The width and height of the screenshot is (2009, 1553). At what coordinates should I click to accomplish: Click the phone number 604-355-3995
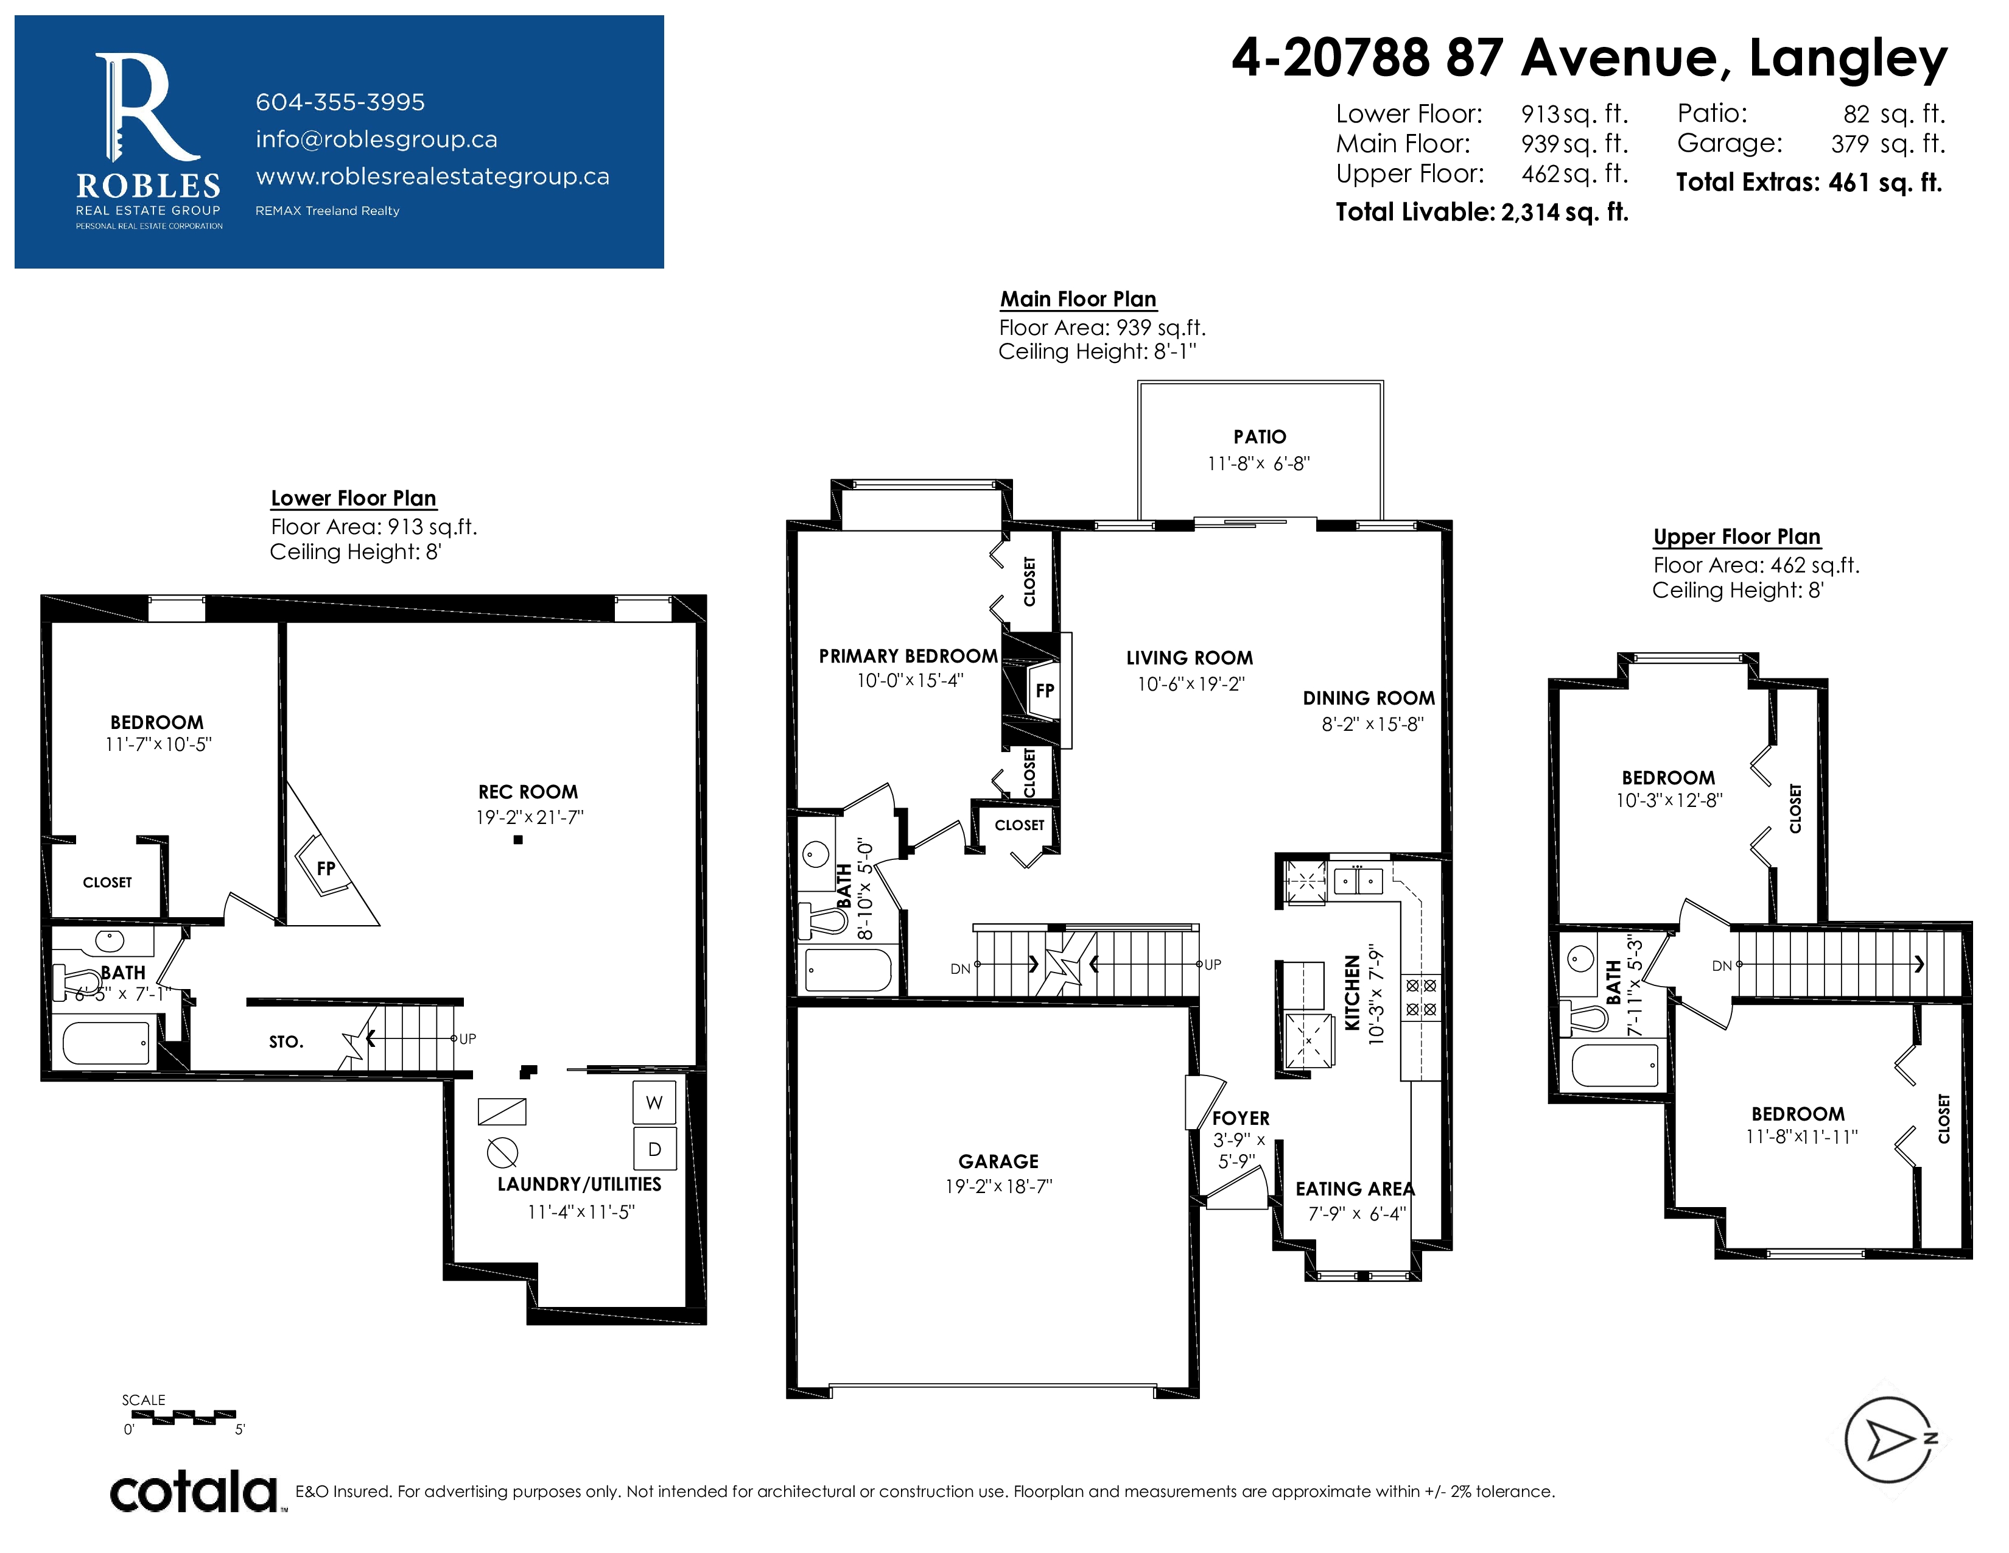[340, 102]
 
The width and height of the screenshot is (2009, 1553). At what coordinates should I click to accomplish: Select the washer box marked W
[654, 1102]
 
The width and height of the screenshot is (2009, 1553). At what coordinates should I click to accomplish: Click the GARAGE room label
[998, 1161]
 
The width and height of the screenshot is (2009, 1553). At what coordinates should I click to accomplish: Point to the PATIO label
[1260, 437]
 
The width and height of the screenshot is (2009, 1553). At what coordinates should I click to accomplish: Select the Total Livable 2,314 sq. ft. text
[1482, 213]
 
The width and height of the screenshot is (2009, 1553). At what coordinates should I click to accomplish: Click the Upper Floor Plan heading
[1737, 537]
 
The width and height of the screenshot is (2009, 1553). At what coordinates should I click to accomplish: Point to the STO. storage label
[286, 1041]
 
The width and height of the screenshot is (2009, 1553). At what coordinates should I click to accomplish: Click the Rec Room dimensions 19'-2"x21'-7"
[529, 817]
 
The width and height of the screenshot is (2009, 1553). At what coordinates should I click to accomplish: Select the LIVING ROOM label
[1190, 658]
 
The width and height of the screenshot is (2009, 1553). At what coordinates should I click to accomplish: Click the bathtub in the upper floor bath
[1615, 1065]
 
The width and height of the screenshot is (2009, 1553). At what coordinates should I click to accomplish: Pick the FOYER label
[1241, 1119]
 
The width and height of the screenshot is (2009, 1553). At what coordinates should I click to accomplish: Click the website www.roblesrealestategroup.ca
[432, 177]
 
